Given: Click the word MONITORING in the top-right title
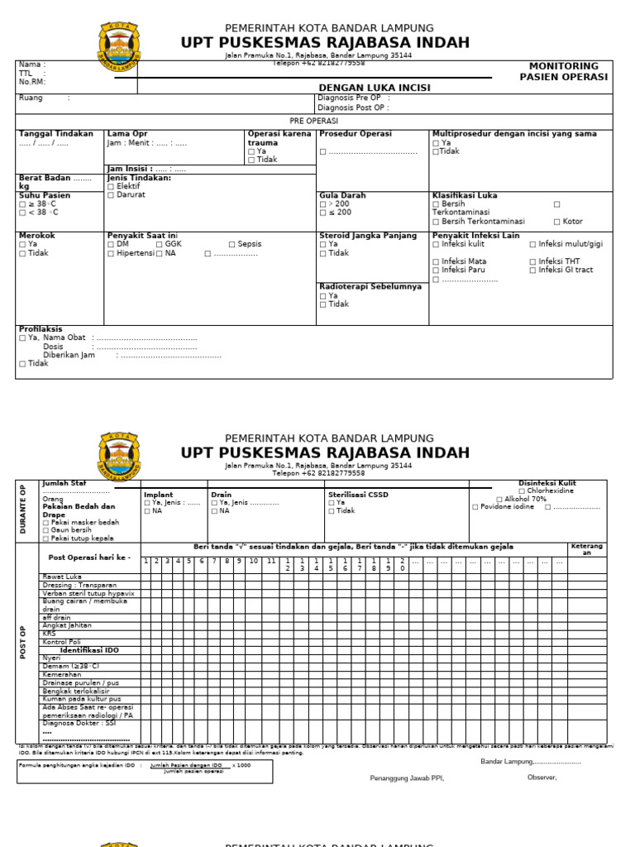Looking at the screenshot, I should (564, 66).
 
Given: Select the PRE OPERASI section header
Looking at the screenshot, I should (313, 121).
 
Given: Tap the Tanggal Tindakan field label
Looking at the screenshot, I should (56, 133).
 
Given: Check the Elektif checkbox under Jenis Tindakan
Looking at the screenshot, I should (111, 187).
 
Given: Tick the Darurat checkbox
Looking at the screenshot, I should (111, 195).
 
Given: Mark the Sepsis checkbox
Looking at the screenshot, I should (232, 245).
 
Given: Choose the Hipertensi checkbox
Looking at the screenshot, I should (111, 254).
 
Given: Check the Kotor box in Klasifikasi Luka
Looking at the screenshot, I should (556, 222).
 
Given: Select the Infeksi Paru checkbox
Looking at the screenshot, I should (436, 270).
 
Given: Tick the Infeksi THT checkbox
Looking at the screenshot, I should (532, 261).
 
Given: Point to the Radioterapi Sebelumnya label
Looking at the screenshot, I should (370, 286).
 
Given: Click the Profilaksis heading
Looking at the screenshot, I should (41, 329).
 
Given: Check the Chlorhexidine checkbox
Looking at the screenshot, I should (522, 491).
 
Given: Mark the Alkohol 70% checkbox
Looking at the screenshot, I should (499, 500).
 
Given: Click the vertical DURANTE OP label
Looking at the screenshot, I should (24, 510).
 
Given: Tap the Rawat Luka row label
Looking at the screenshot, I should (62, 577).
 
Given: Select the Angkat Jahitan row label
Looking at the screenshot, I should (67, 625).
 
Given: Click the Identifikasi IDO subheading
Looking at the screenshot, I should (89, 650).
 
